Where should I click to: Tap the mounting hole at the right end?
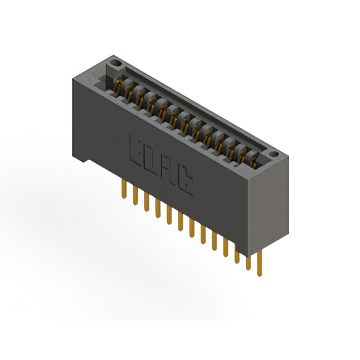(x=273, y=154)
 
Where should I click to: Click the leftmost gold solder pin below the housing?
(x=124, y=189)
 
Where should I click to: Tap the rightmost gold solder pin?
(x=259, y=263)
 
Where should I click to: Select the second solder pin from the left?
(x=135, y=195)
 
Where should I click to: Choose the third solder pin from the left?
(x=146, y=201)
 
